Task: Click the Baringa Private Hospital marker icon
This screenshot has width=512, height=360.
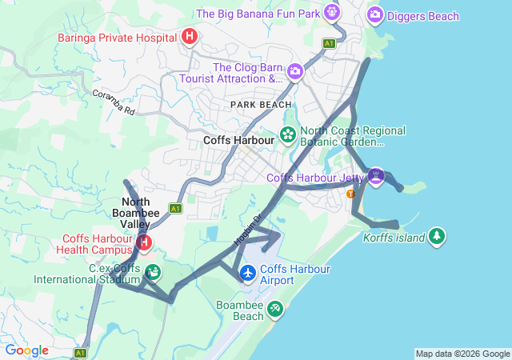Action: tap(190, 36)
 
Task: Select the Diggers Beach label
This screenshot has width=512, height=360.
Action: tap(422, 16)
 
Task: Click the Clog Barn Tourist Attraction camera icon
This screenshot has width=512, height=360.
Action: tap(295, 72)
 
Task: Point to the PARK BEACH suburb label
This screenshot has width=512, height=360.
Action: tap(261, 105)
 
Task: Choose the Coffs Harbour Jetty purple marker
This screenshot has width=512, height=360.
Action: tap(376, 175)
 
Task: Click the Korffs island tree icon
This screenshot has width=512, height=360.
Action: tap(437, 236)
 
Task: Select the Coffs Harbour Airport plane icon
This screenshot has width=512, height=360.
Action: tap(248, 274)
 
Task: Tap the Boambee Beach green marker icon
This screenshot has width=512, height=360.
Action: tap(275, 308)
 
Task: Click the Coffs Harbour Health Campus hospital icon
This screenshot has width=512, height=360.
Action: tap(145, 242)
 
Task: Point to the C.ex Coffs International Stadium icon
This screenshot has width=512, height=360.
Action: tap(152, 272)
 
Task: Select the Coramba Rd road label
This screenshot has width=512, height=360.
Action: tap(112, 102)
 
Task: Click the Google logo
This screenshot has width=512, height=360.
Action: tap(26, 350)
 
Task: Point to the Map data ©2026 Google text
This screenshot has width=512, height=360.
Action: tap(462, 354)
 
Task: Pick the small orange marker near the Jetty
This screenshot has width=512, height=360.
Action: tap(350, 194)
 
